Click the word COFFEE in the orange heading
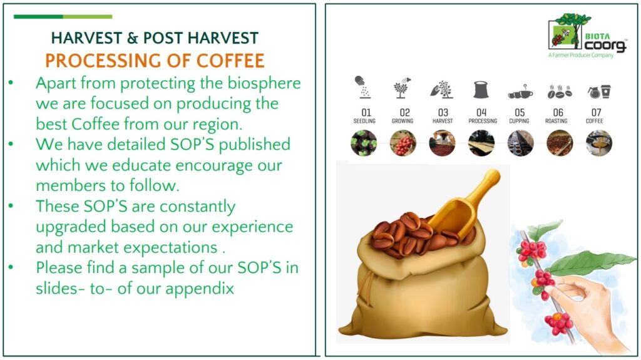tap(230, 61)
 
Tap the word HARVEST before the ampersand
tap(86, 38)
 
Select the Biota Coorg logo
tap(587, 36)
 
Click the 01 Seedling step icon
tap(362, 87)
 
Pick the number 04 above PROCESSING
tap(481, 112)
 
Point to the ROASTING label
tap(556, 121)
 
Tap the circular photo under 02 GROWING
tap(403, 143)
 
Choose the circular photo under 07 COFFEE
tap(599, 143)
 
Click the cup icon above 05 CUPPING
tap(520, 93)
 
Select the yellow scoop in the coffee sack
tap(464, 204)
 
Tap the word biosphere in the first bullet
tap(264, 83)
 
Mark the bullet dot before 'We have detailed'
tap(11, 144)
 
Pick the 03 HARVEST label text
tap(443, 116)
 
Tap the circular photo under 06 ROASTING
tap(560, 143)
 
